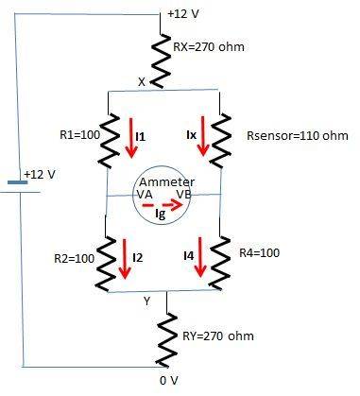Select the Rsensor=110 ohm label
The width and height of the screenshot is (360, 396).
point(290,135)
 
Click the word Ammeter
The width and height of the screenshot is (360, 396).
point(166,181)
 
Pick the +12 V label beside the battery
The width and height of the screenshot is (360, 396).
point(41,176)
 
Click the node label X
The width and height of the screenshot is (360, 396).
point(143,82)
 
